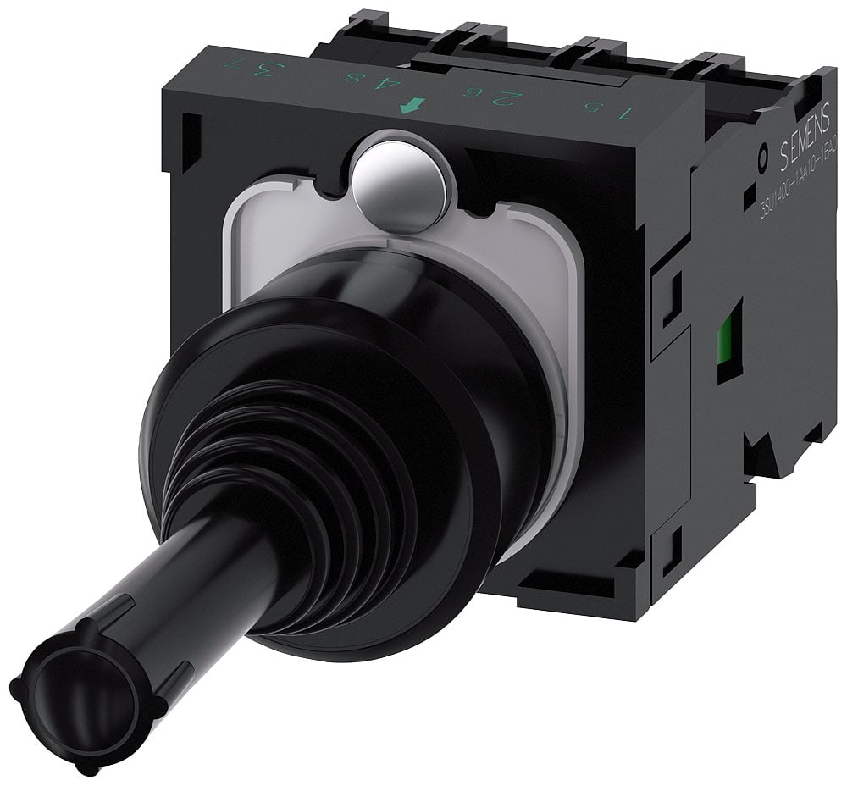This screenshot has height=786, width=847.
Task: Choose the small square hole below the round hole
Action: point(749,200)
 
